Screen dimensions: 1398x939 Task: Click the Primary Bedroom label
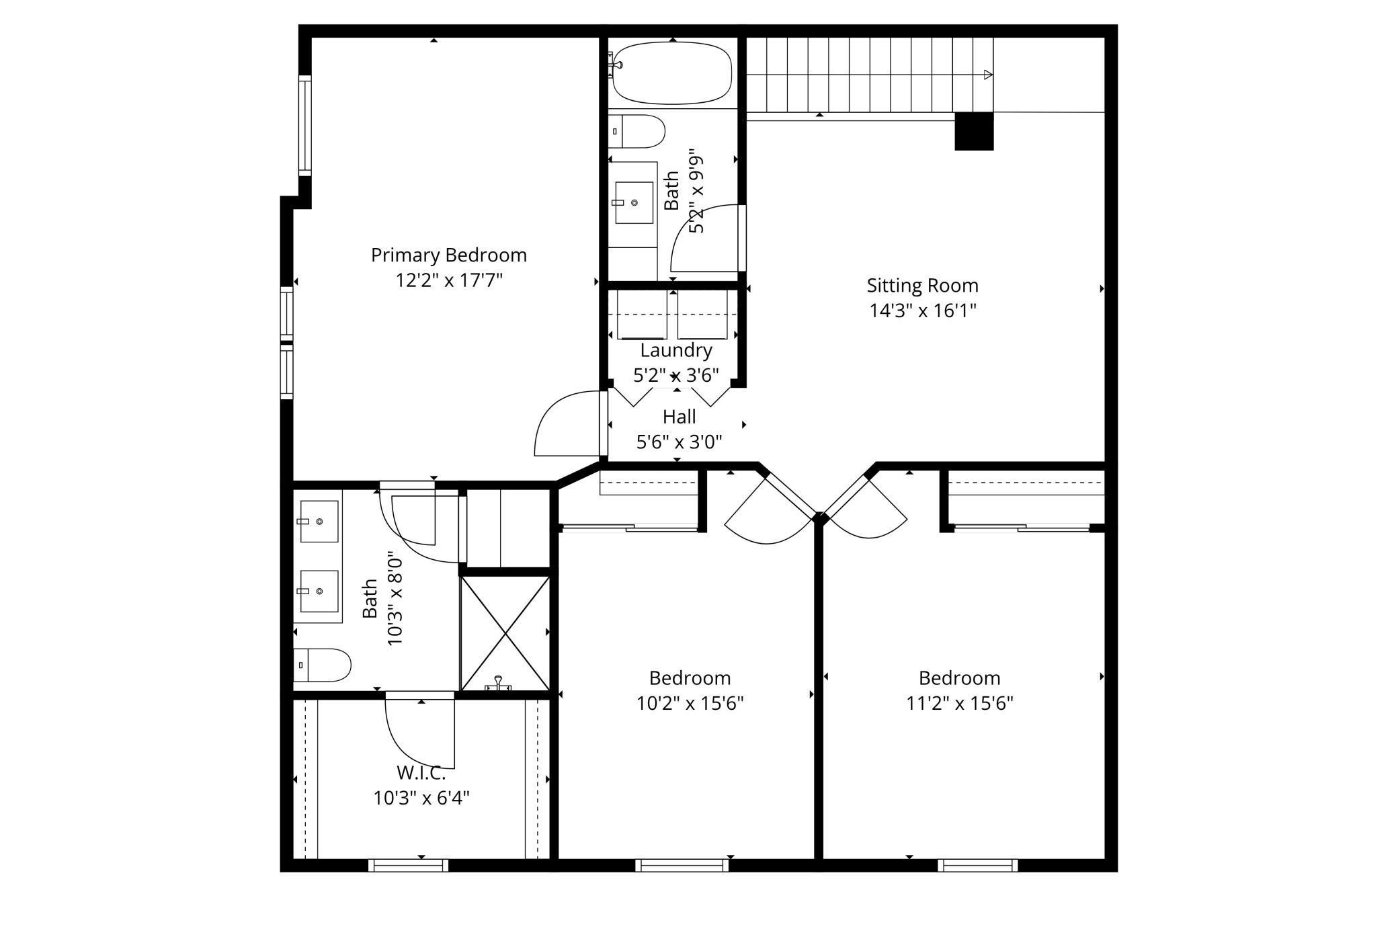coord(448,255)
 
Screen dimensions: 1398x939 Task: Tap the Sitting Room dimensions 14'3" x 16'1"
coord(922,311)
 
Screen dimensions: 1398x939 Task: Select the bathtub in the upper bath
coord(673,73)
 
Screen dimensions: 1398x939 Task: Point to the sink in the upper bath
coord(634,202)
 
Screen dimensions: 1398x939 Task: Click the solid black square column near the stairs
coord(974,131)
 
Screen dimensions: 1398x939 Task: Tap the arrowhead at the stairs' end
coord(988,75)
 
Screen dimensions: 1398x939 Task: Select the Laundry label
coord(676,350)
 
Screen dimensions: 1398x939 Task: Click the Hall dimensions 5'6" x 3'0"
coord(679,442)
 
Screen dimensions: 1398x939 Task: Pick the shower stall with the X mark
coord(505,632)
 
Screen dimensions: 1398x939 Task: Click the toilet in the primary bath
coord(323,665)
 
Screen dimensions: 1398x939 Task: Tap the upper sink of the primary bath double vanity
coord(319,521)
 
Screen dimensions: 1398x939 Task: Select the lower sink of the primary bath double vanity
coord(319,591)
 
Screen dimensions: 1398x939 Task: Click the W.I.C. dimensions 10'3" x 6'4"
coord(421,798)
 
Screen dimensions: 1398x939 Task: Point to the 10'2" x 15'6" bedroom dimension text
coord(690,703)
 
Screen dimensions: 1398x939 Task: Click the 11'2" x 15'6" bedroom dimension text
coord(960,703)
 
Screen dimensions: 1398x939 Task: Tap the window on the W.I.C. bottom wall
coord(408,865)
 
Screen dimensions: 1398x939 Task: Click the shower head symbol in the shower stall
coord(498,683)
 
